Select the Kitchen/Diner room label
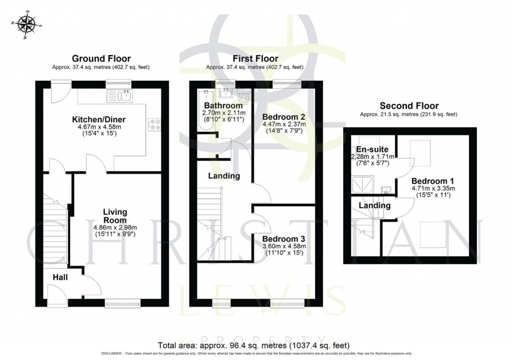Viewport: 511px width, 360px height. [99, 120]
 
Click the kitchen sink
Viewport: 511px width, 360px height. [119, 96]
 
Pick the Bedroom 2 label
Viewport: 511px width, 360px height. [280, 116]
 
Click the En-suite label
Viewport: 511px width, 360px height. [371, 149]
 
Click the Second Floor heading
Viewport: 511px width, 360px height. [409, 106]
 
